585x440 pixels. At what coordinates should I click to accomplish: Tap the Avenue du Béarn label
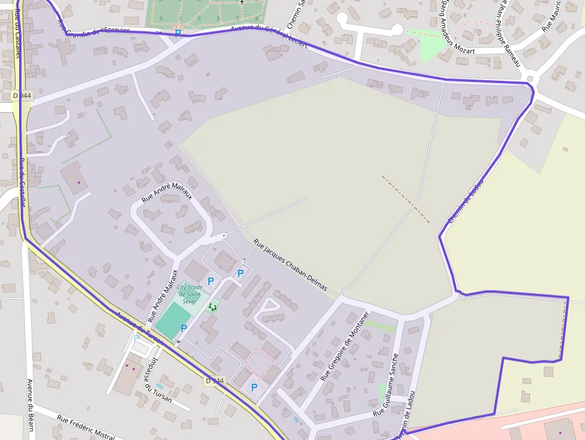[x=29, y=404]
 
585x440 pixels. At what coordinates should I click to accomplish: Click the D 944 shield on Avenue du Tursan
[x=214, y=380]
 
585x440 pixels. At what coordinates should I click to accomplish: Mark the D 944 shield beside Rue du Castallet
[x=21, y=96]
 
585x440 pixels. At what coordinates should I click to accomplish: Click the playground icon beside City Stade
[x=212, y=307]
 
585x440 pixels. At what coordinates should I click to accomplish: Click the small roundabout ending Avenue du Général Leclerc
[x=529, y=79]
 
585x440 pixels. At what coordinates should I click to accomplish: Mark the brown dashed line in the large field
[x=405, y=199]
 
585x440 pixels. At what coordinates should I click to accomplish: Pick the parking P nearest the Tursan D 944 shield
[x=254, y=387]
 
